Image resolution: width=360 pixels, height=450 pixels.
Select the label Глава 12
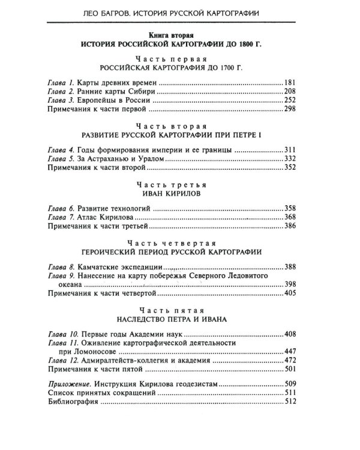(64, 361)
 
